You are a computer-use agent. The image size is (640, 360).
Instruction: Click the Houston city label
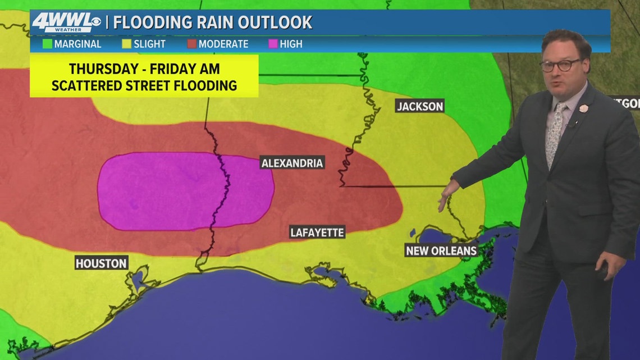tap(101, 263)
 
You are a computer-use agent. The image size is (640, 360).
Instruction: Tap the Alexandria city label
tap(292, 163)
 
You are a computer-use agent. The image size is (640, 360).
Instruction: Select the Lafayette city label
tap(317, 233)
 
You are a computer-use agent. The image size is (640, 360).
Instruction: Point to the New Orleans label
tap(441, 250)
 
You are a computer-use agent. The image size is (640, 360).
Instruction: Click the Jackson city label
tap(420, 106)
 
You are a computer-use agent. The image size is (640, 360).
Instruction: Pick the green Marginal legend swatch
tap(47, 44)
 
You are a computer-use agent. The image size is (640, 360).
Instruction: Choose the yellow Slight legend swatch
tap(126, 44)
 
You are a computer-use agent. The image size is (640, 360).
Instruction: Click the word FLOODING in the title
tap(146, 22)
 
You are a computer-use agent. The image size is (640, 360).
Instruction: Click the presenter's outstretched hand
tap(448, 197)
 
